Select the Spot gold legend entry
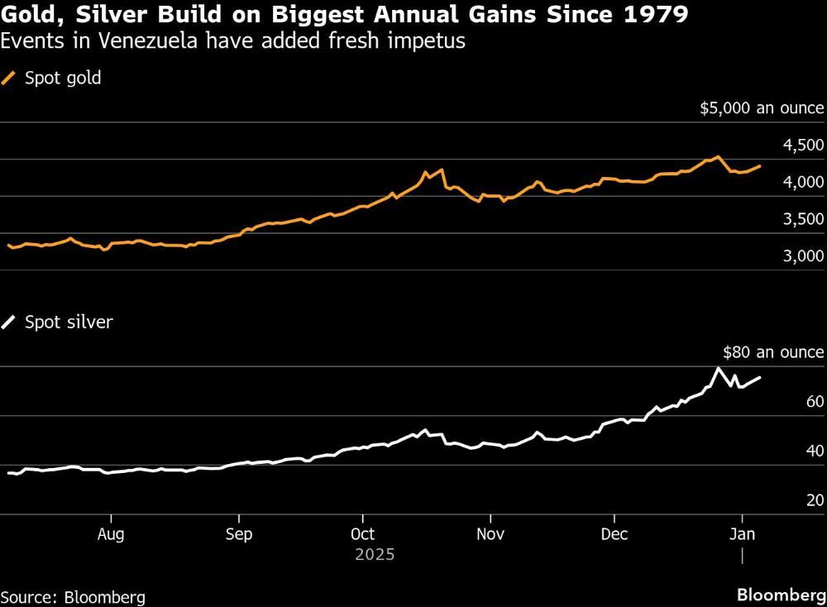pyautogui.click(x=55, y=79)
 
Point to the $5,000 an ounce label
pyautogui.click(x=762, y=108)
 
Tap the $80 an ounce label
pyautogui.click(x=773, y=352)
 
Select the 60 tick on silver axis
pyautogui.click(x=813, y=402)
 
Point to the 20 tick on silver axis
pyautogui.click(x=813, y=500)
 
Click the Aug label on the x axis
pyautogui.click(x=111, y=534)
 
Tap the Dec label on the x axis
pyautogui.click(x=614, y=534)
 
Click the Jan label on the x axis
pyautogui.click(x=743, y=534)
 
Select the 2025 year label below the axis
pyautogui.click(x=375, y=554)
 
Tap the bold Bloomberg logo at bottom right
pyautogui.click(x=781, y=595)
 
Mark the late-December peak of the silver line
pyautogui.click(x=718, y=368)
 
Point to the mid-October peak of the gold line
pyautogui.click(x=442, y=170)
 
